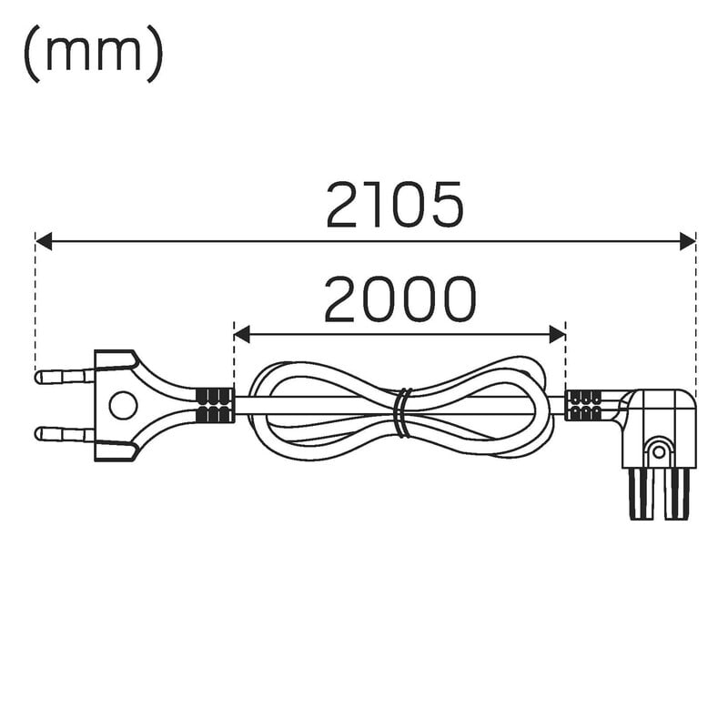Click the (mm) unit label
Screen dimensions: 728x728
94,54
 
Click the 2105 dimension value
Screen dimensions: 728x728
395,206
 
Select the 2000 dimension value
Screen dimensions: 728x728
399,299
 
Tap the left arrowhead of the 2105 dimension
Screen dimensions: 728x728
43,241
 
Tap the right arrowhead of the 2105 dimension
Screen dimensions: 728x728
688,241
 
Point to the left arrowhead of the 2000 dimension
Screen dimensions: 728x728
242,334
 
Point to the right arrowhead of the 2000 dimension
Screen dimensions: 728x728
557,334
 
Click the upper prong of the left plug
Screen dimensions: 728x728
65,376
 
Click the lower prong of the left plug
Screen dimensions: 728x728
65,435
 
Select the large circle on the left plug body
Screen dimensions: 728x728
123,405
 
